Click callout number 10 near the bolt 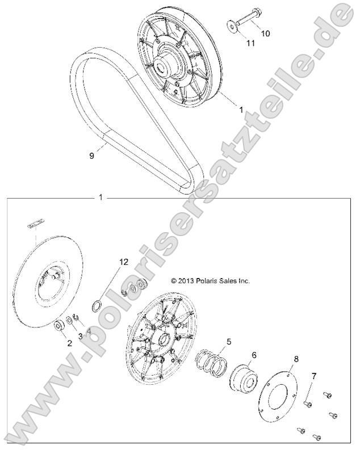coord(266,33)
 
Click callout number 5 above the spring coord(229,342)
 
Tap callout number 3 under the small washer coord(80,337)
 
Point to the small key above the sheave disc coord(35,224)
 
